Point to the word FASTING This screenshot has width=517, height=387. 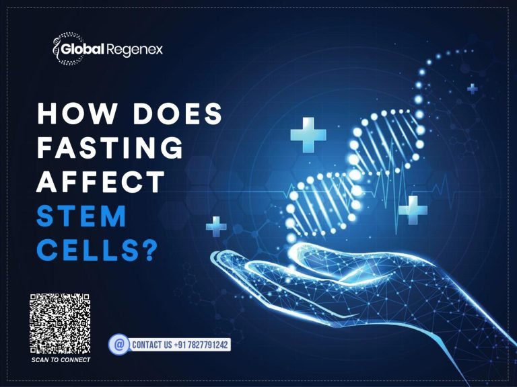point(110,148)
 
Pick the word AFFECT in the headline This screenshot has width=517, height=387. point(101,182)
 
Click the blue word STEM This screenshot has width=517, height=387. point(82,216)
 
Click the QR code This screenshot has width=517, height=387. point(60,325)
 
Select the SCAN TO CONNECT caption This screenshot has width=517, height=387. point(61,360)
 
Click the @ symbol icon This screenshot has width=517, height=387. point(119,345)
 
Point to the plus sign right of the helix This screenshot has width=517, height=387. point(413,210)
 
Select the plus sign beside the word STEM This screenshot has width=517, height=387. point(216,226)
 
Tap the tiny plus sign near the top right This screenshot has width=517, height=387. point(473,88)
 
